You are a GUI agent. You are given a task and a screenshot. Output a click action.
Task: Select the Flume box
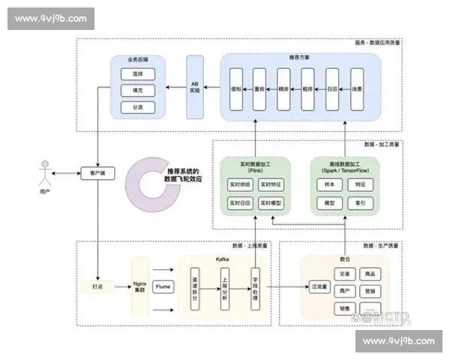click(163, 286)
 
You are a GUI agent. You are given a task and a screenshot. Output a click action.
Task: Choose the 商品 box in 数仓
click(368, 274)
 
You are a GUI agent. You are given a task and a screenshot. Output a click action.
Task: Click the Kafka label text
click(223, 258)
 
